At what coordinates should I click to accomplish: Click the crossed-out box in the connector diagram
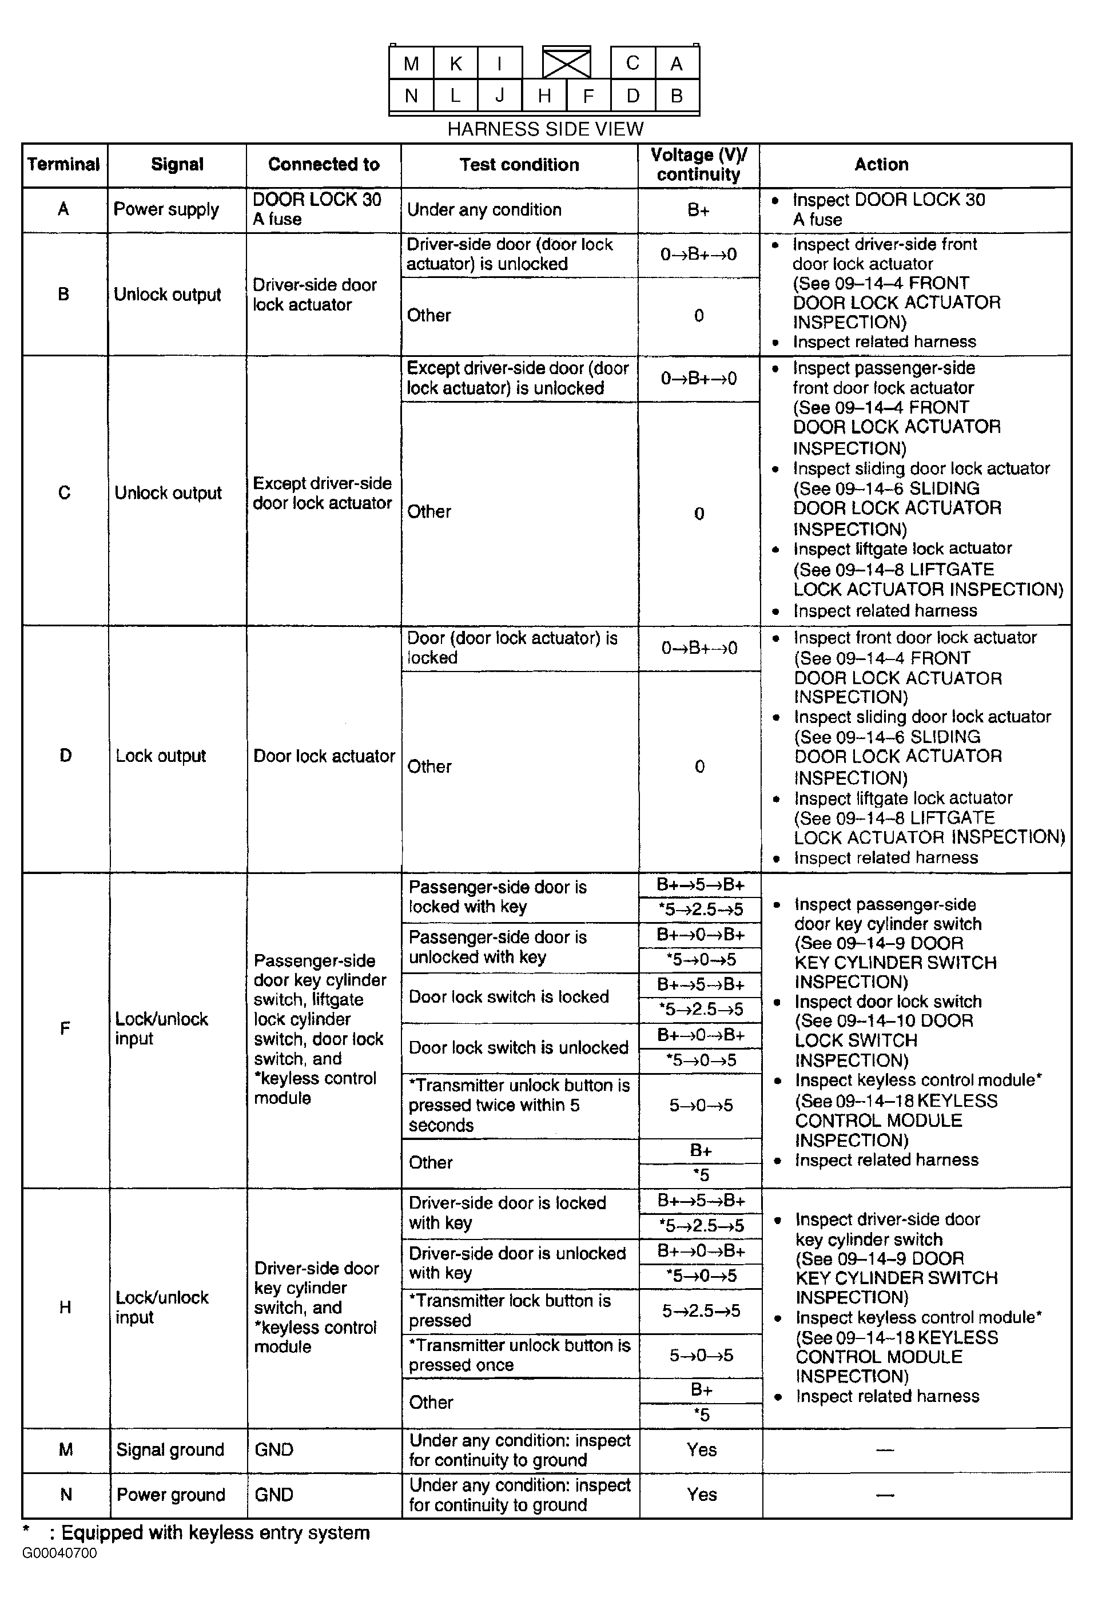click(566, 63)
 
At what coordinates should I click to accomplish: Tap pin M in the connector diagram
click(411, 64)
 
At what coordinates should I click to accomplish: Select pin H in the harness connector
click(544, 96)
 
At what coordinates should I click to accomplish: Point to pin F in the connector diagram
click(588, 96)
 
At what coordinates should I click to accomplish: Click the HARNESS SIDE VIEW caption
click(545, 129)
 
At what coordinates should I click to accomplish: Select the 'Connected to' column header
click(324, 165)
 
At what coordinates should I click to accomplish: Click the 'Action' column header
click(881, 165)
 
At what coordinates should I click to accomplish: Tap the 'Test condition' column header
click(519, 165)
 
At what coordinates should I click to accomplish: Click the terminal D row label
click(65, 756)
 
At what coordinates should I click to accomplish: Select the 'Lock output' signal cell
click(161, 756)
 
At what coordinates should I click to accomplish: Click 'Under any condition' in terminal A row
click(484, 209)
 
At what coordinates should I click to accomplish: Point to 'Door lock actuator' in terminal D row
click(324, 756)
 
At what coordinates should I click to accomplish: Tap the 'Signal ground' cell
click(170, 1450)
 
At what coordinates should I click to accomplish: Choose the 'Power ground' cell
click(171, 1495)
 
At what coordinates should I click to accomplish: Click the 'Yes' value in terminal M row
click(701, 1450)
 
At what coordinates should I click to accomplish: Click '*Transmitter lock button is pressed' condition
click(510, 1310)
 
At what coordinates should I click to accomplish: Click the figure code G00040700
click(59, 1554)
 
